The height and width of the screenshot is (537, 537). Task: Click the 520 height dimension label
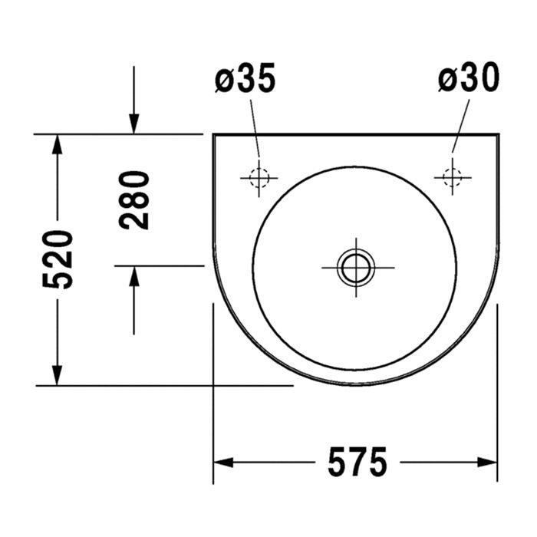[x=58, y=259]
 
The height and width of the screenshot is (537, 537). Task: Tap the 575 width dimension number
[x=357, y=462]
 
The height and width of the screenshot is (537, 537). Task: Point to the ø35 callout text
[x=244, y=79]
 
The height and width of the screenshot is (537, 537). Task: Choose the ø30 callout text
[x=468, y=79]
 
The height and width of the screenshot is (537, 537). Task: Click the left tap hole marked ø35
[x=259, y=177]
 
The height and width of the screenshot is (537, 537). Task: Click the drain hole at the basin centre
[x=357, y=268]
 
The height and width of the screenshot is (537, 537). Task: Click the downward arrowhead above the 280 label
[x=134, y=124]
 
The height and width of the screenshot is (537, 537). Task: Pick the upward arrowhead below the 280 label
[x=134, y=276]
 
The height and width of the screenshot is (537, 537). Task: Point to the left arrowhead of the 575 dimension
[x=223, y=462]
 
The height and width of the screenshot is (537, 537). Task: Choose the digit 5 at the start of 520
[x=58, y=278]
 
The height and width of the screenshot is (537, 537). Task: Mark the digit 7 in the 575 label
[x=357, y=462]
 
